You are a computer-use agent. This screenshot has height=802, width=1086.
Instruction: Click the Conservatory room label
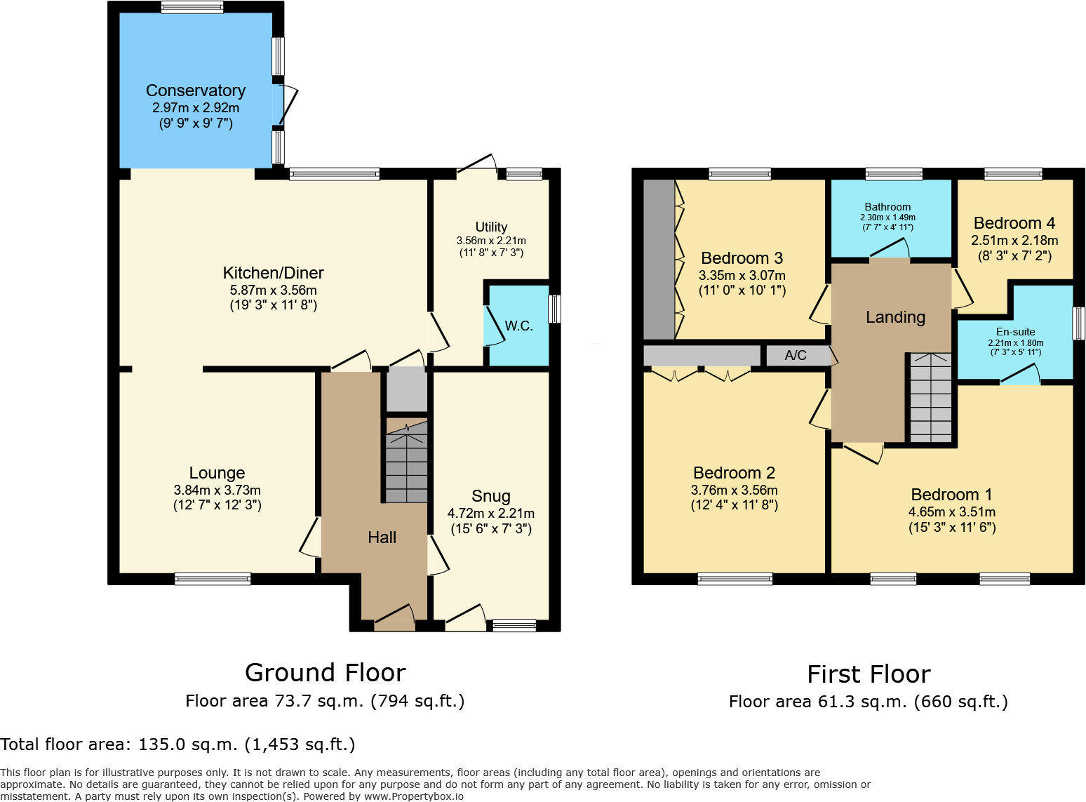[x=196, y=91]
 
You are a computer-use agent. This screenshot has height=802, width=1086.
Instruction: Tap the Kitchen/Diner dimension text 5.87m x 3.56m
[x=274, y=290]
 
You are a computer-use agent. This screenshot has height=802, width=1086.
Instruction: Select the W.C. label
[x=518, y=326]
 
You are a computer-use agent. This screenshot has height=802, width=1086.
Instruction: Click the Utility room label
[x=491, y=227]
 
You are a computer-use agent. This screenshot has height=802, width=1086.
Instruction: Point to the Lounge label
[x=217, y=473]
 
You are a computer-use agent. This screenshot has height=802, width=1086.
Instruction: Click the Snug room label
[x=491, y=496]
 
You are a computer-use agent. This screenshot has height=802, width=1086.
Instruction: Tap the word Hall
[x=382, y=537]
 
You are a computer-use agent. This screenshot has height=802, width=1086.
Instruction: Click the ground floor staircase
[x=406, y=467]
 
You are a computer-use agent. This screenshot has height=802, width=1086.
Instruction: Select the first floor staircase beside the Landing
[x=930, y=398]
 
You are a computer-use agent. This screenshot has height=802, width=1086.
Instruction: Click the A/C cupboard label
[x=796, y=355]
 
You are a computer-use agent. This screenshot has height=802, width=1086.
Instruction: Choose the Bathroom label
[x=887, y=207]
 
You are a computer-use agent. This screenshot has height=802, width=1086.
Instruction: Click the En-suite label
[x=1015, y=332]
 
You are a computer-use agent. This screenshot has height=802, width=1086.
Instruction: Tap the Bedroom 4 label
[x=1014, y=223]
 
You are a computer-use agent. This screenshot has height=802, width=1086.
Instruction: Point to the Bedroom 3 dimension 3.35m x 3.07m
[x=742, y=276]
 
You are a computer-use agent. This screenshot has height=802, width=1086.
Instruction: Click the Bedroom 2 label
[x=734, y=473]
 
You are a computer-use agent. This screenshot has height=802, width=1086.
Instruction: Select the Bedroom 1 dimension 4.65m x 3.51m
[x=952, y=512]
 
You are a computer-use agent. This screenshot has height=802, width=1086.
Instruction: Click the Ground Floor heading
[x=326, y=673]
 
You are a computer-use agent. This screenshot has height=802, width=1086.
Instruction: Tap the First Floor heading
[x=869, y=674]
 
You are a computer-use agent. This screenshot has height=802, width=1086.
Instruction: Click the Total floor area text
[x=177, y=744]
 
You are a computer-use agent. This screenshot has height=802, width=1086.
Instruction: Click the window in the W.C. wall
[x=554, y=309]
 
